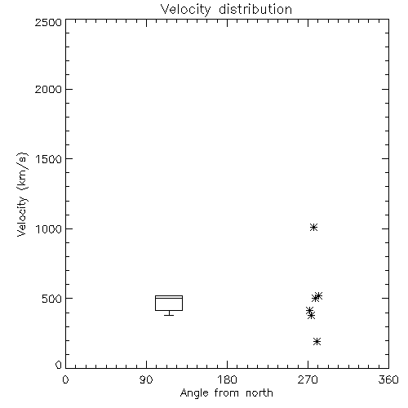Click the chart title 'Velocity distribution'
[x=226, y=9]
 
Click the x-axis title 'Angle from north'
[x=226, y=393]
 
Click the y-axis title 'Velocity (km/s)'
[x=22, y=194]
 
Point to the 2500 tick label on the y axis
[x=48, y=22]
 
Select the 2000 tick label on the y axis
[x=48, y=89]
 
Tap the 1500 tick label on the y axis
[x=49, y=159]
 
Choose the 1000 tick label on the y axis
[x=49, y=229]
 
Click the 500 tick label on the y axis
[x=52, y=299]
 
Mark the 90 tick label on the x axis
[x=146, y=379]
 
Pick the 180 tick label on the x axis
[x=226, y=379]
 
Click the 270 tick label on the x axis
[x=308, y=379]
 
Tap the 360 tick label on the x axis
[x=388, y=379]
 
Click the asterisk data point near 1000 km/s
[x=313, y=227]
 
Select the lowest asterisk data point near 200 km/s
[x=317, y=341]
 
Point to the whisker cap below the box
[x=169, y=315]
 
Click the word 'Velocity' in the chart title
[x=185, y=10]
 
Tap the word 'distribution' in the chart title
[x=255, y=9]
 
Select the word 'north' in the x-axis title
[x=259, y=392]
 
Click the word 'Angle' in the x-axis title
[x=194, y=393]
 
